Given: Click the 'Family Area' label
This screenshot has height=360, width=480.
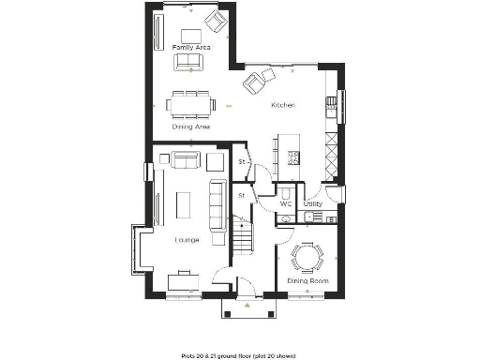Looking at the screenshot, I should tap(191, 46).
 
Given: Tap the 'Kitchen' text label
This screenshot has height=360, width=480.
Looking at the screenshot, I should tap(283, 105).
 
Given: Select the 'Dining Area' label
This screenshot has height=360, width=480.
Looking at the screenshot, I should tap(190, 127).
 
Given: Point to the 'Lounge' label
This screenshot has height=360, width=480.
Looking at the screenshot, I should tap(187, 240).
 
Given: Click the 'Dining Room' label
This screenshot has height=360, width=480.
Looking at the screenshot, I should tap(306, 280).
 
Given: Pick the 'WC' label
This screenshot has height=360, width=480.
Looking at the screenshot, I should tap(286, 203).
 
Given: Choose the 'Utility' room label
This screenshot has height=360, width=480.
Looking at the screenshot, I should tap(313, 203).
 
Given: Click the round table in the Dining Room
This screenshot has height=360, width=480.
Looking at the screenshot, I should tap(306, 255).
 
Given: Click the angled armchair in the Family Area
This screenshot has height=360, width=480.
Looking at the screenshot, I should tap(217, 21).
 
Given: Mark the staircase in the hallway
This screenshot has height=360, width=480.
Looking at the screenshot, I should tap(242, 238).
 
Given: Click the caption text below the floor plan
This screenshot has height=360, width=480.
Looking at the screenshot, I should tap(239, 355).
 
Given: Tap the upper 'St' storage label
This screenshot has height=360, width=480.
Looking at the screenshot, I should tap(241, 161).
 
